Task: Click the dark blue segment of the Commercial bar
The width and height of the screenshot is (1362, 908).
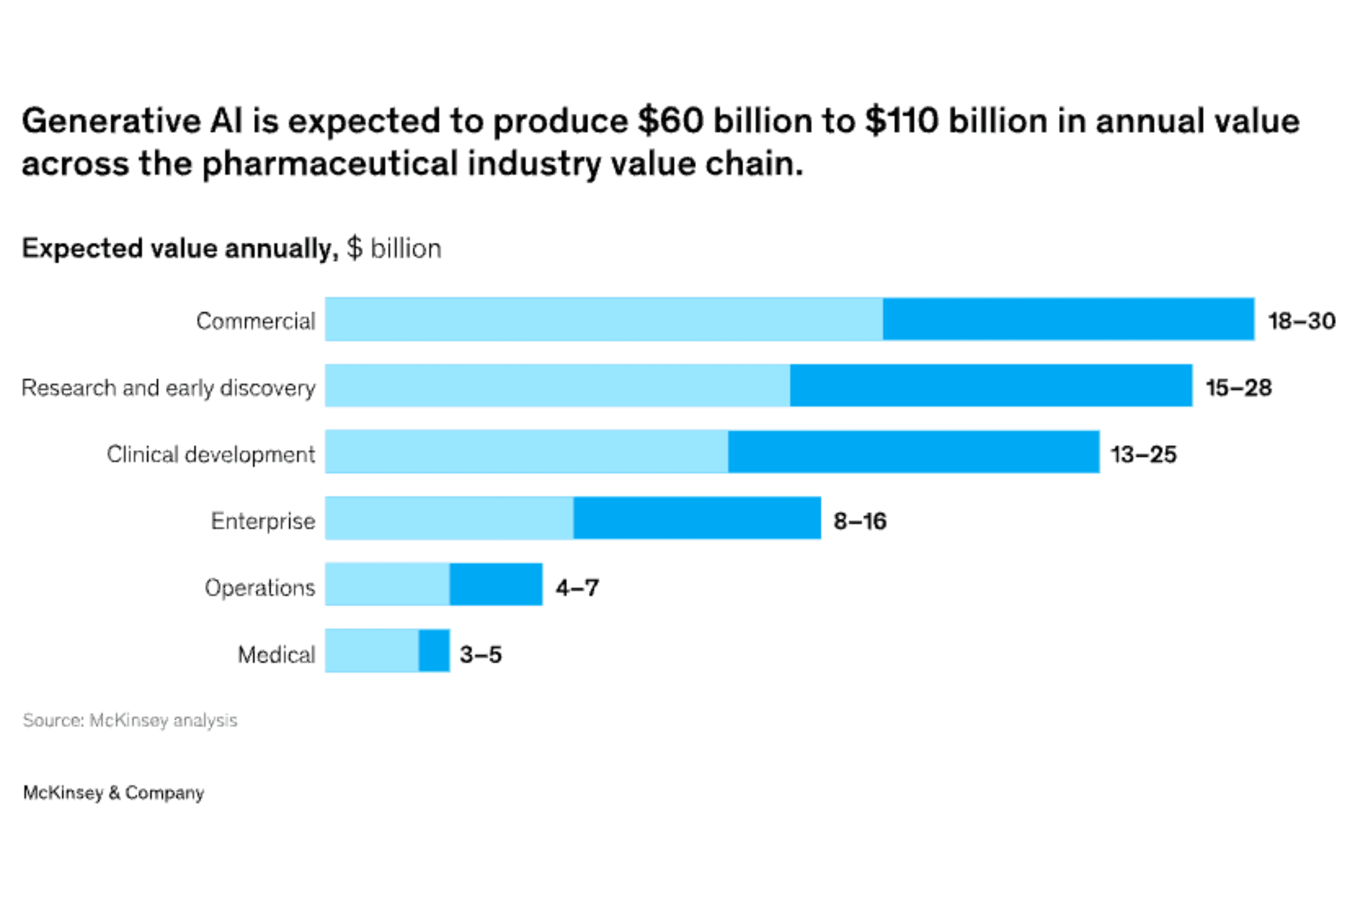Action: [1069, 319]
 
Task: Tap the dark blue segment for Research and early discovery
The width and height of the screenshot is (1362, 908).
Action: [991, 386]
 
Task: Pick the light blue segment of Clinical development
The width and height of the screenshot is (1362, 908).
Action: [526, 452]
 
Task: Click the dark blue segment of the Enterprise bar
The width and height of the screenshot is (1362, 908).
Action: [697, 518]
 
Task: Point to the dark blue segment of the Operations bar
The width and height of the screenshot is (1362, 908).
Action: [496, 584]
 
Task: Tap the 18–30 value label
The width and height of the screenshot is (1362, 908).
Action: [1301, 321]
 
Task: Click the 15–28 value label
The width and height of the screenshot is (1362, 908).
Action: [1239, 388]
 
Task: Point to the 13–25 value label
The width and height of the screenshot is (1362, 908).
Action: [1143, 454]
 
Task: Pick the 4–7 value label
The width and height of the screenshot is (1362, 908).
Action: [577, 588]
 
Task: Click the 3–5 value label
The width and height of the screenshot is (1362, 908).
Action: [481, 654]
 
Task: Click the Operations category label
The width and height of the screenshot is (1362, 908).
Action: [260, 588]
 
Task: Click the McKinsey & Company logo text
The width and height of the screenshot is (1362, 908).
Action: [113, 792]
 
